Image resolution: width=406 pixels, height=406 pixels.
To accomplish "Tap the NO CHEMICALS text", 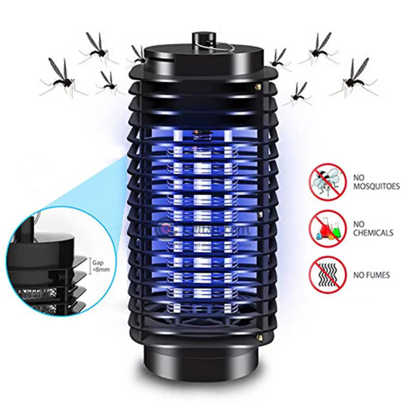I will [373, 228].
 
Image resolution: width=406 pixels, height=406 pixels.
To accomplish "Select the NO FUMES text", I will [371, 275].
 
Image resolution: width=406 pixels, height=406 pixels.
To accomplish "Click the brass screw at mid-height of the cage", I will [260, 214].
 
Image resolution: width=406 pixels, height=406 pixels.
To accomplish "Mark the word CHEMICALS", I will [373, 233].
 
